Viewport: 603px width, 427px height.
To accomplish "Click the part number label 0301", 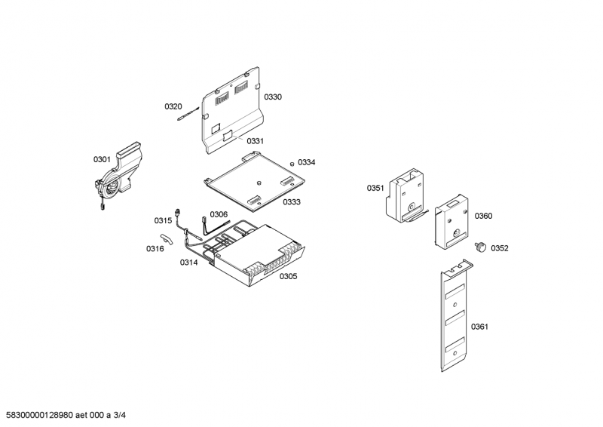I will point(102,159).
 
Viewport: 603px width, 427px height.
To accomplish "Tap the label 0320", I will point(173,106).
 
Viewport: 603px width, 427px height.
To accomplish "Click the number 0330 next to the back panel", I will point(273,97).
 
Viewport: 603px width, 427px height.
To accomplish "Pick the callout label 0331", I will point(256,141).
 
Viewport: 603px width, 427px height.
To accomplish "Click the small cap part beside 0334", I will point(292,163).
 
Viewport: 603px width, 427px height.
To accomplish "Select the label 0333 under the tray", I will point(292,202).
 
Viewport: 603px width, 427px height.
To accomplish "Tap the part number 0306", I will point(219,214).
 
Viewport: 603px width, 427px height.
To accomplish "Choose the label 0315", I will point(164,220).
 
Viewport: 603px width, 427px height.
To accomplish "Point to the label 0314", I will point(188,262).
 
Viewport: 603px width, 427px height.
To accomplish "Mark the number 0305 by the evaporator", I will point(288,276).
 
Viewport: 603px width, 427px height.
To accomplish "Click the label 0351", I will point(375,188).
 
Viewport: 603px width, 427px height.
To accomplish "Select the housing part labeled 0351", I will point(405,195).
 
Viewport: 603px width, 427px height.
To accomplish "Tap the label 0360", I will point(483,216).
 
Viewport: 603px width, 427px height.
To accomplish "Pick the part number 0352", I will point(500,248).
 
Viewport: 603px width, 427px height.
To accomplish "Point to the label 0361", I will point(480,327).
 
